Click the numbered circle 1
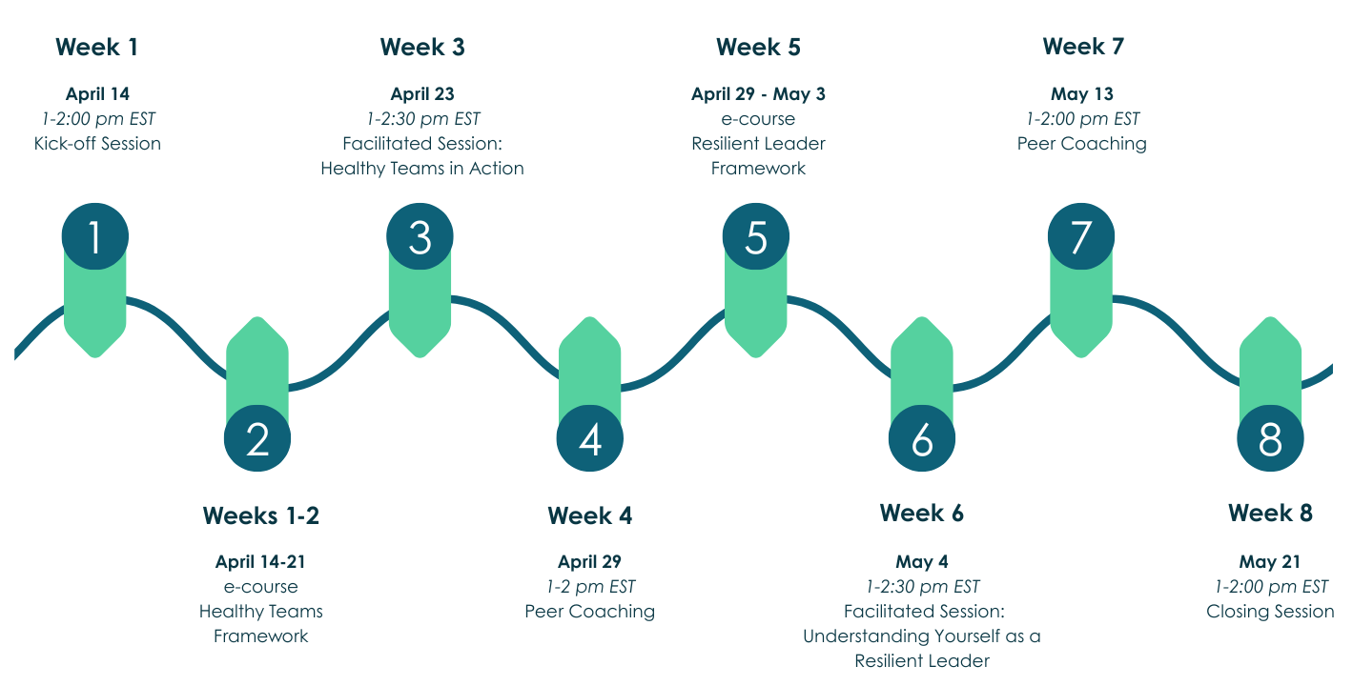[x=94, y=236]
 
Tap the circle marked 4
[x=590, y=439]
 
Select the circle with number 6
[x=922, y=439]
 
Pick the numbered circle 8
[x=1270, y=439]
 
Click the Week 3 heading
[x=422, y=47]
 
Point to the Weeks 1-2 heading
[x=260, y=516]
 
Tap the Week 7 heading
[x=1083, y=47]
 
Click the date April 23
[x=422, y=94]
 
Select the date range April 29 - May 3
[x=758, y=94]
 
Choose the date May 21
[x=1270, y=562]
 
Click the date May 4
[x=922, y=562]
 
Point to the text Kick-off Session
[x=97, y=144]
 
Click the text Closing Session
[x=1270, y=612]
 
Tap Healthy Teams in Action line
[x=422, y=169]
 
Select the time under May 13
[x=1082, y=119]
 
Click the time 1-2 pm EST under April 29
[x=590, y=587]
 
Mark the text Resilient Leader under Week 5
[x=758, y=144]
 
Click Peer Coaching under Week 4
[x=590, y=612]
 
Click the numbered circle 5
[x=755, y=236]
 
